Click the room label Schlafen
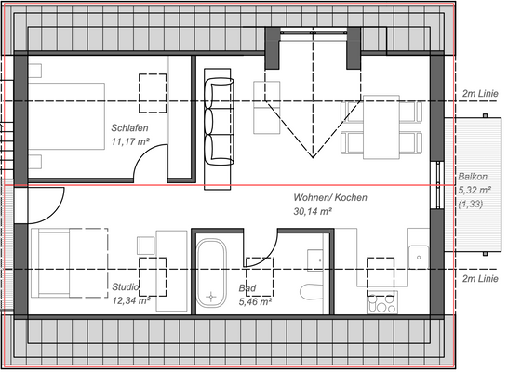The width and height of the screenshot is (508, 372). [x=130, y=128]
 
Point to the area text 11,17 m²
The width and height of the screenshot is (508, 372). [x=132, y=142]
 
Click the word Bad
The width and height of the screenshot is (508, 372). [x=247, y=289]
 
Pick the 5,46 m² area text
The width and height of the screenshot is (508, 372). [x=255, y=302]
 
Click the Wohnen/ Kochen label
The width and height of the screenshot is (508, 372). [x=329, y=198]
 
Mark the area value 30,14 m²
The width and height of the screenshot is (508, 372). [x=313, y=212]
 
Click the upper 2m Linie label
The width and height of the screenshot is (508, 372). [x=481, y=95]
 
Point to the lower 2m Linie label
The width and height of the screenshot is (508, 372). [x=481, y=278]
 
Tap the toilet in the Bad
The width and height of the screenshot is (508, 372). [x=310, y=292]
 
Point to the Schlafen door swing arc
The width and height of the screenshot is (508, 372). [x=149, y=160]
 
